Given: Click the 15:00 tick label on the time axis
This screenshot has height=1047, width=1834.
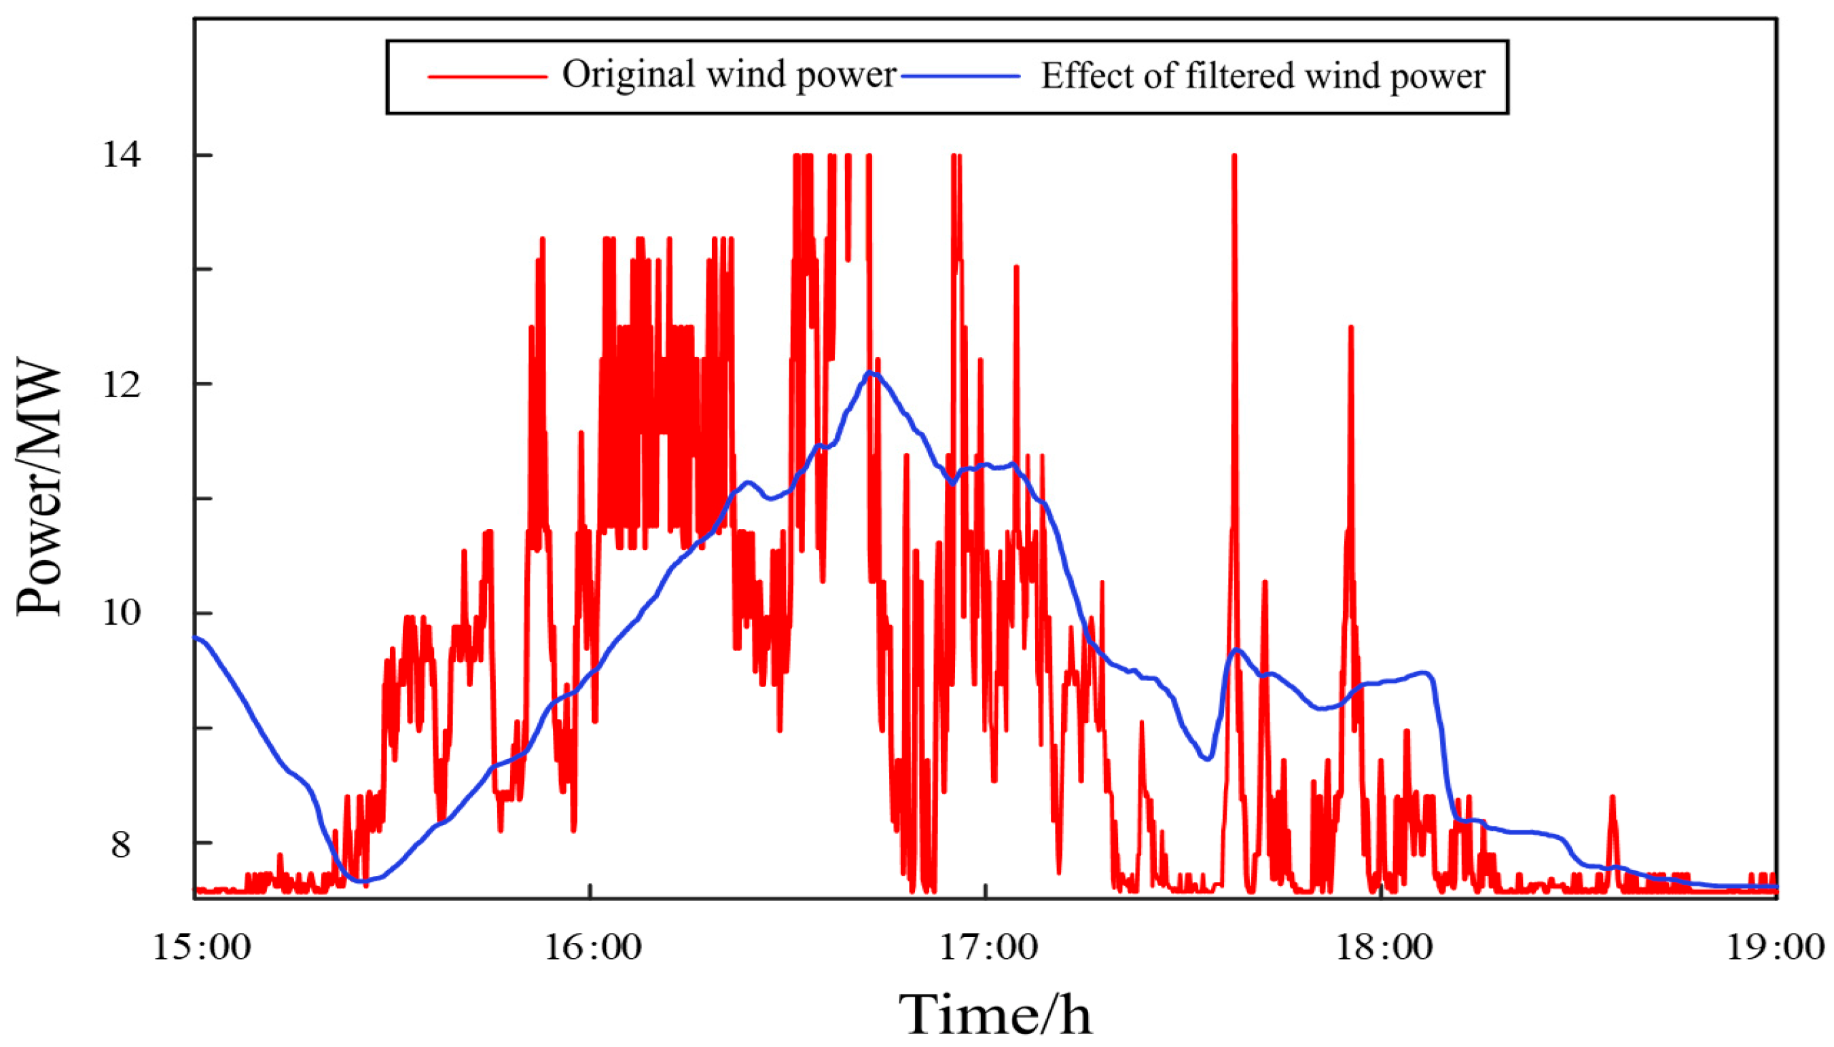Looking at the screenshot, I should (201, 948).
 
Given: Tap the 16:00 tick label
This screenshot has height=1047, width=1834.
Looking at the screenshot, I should (592, 948).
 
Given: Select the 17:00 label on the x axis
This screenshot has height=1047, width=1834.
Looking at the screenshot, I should (988, 948).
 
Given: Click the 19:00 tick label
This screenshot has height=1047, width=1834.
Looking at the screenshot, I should (1775, 948).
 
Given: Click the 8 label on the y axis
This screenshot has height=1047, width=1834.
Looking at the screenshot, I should (121, 844).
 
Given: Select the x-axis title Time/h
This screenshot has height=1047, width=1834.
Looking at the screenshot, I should (994, 1014).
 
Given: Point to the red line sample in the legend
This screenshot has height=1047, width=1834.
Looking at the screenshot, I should (487, 76).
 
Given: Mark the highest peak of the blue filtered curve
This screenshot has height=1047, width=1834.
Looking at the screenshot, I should (870, 373).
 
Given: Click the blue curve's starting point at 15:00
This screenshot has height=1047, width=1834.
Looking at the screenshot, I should (196, 637).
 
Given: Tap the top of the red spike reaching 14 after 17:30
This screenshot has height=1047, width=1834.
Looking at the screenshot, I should (1234, 156).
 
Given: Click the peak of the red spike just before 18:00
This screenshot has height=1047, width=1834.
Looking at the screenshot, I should (1350, 328).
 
